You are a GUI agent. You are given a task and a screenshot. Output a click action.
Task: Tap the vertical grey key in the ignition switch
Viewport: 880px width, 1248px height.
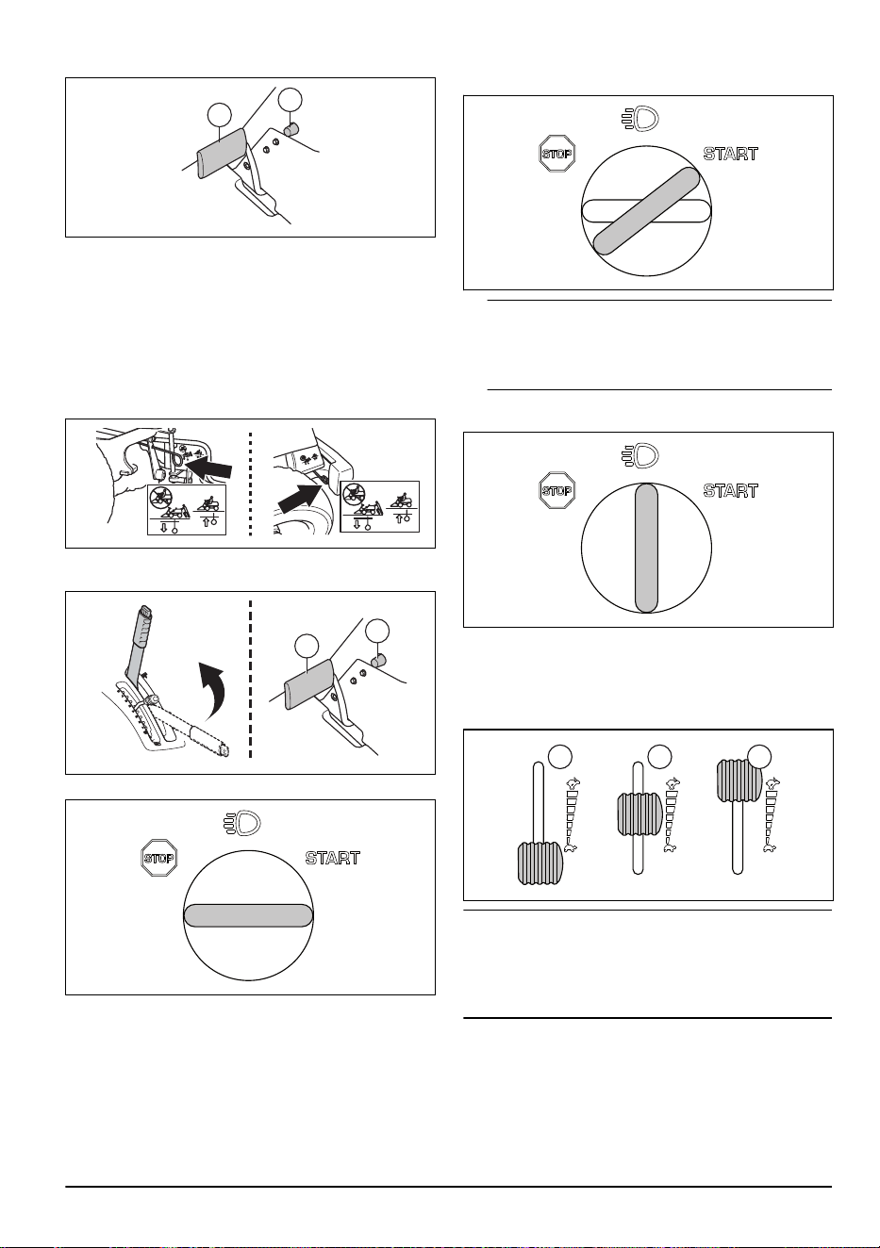tap(646, 548)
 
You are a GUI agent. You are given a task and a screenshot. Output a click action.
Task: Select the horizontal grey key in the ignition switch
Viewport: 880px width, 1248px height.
tap(248, 915)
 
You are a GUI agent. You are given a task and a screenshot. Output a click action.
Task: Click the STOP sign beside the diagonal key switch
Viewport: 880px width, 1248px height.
tap(556, 154)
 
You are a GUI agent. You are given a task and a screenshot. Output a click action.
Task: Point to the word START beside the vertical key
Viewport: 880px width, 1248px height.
tap(731, 491)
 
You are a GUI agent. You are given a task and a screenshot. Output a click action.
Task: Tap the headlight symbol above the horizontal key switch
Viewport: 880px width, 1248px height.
tap(243, 824)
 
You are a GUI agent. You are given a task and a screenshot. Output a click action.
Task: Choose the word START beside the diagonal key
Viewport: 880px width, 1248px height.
tap(731, 154)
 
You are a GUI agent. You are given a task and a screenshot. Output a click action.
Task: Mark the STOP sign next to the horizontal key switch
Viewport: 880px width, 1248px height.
tap(159, 858)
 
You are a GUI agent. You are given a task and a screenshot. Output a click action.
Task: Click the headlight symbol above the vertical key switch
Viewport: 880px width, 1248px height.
tap(640, 456)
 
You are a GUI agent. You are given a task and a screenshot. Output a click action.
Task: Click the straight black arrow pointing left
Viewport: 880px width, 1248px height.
tap(208, 466)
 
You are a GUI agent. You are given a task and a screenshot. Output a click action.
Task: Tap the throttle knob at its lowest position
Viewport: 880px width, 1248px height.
tap(540, 863)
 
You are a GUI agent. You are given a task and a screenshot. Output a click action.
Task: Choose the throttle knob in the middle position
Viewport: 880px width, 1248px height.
tap(639, 814)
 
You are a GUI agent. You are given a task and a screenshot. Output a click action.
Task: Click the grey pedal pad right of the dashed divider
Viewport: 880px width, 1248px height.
tap(307, 684)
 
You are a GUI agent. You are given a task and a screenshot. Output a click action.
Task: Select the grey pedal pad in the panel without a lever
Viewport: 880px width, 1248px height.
tap(221, 152)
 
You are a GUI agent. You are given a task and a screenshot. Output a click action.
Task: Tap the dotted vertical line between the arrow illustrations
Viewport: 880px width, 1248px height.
tap(250, 483)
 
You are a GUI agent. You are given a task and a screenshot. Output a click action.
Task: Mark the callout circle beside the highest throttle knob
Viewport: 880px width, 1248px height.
tap(759, 757)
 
